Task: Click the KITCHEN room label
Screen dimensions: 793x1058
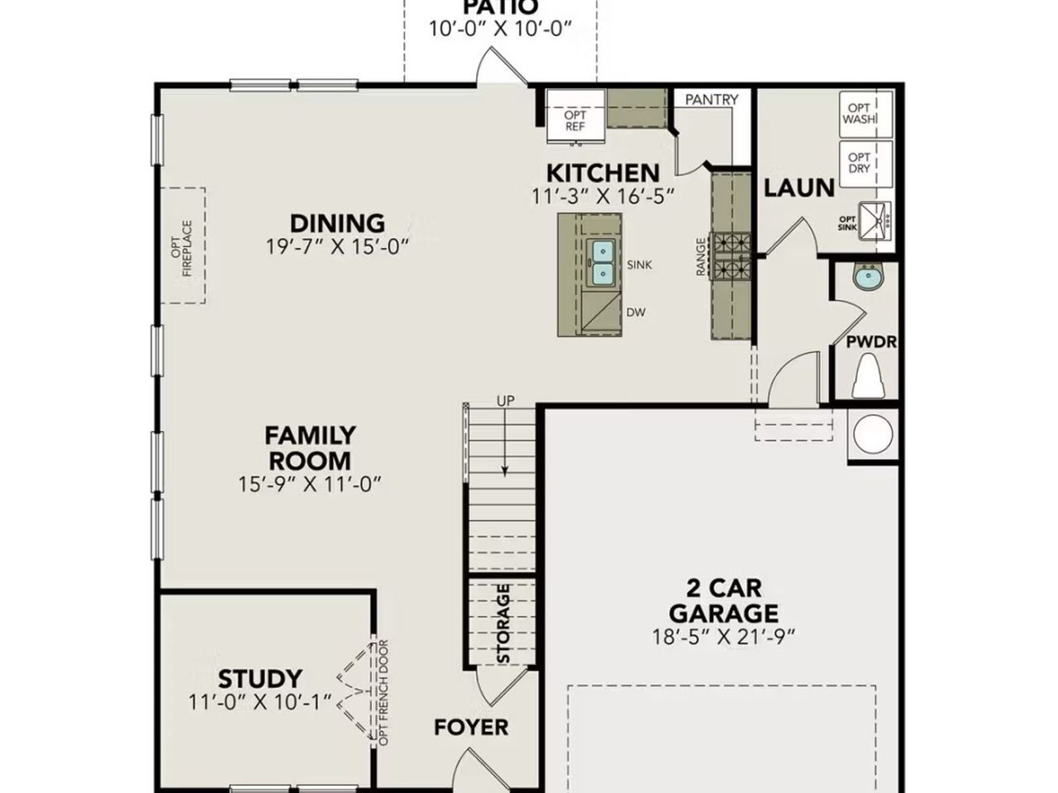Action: (x=603, y=173)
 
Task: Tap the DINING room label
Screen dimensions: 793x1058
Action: (x=337, y=223)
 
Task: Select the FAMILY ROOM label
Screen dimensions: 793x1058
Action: (x=310, y=448)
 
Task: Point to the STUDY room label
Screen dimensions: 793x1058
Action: (x=260, y=679)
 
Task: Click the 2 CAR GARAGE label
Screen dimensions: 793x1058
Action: (x=723, y=601)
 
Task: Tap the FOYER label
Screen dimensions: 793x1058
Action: (x=471, y=728)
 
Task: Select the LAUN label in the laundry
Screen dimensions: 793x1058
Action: (x=798, y=188)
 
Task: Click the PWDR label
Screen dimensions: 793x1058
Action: (x=871, y=341)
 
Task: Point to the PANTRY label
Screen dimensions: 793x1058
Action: (x=712, y=100)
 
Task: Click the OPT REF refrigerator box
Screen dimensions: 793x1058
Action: (x=575, y=121)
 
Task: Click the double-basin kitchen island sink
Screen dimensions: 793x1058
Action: (x=602, y=262)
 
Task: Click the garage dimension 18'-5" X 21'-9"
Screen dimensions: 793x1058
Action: (x=723, y=636)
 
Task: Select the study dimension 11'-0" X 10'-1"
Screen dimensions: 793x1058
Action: (x=260, y=702)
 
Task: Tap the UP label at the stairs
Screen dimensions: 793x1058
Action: (x=505, y=401)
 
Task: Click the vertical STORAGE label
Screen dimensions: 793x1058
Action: (x=503, y=624)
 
